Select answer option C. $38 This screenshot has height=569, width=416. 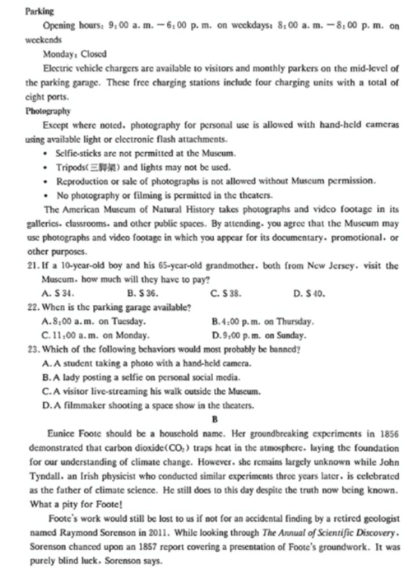[225, 293]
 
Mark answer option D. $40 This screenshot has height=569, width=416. [309, 293]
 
